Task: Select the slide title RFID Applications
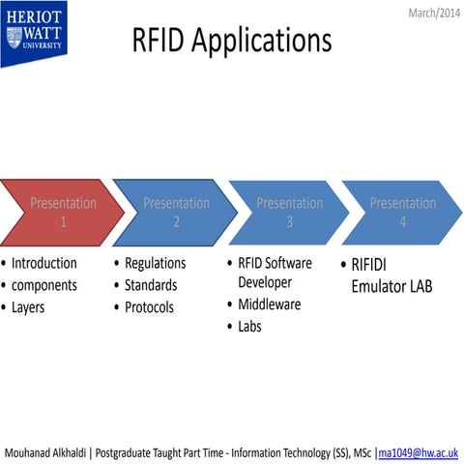(x=231, y=41)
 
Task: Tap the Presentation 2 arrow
(x=176, y=213)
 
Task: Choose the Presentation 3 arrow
(x=288, y=213)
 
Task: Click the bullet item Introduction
(x=43, y=263)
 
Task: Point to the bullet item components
(x=43, y=285)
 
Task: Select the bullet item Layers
(x=28, y=307)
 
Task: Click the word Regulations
(x=155, y=263)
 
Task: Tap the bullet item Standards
(x=152, y=285)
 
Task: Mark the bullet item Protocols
(x=150, y=307)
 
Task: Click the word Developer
(x=265, y=281)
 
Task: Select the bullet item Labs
(x=249, y=326)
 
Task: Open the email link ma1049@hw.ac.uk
(x=419, y=452)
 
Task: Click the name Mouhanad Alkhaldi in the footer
(x=47, y=452)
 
